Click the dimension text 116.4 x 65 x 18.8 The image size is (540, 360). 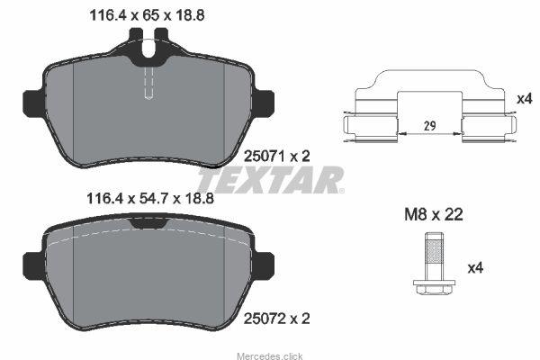click(147, 15)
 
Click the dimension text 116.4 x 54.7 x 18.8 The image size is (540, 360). click(150, 198)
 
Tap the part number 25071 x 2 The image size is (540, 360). click(276, 157)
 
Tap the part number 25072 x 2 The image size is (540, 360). click(276, 319)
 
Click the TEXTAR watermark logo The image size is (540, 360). click(271, 180)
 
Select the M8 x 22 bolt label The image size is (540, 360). click(434, 214)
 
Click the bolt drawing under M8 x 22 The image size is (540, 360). click(434, 264)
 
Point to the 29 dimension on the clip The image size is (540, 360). click(429, 126)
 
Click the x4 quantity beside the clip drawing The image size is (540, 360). click(525, 99)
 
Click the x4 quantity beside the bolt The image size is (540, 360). click(475, 267)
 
